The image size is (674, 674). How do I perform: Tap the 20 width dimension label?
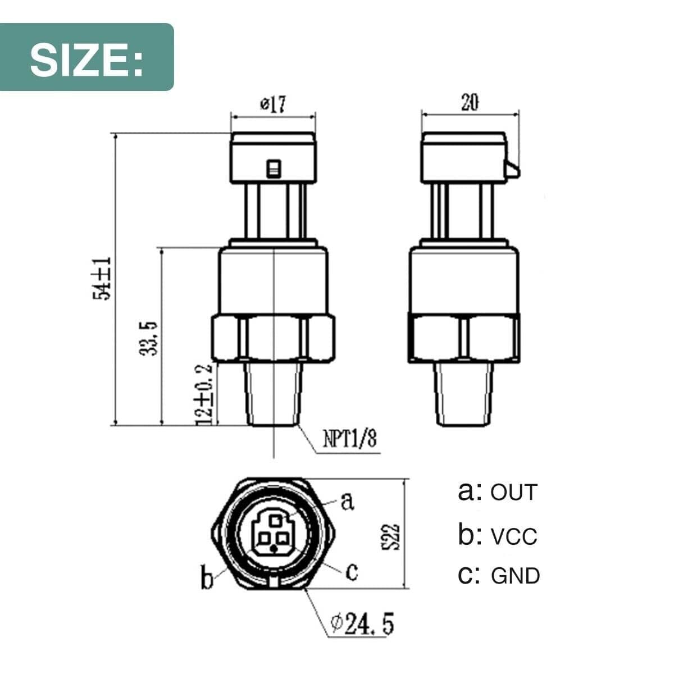[x=470, y=103]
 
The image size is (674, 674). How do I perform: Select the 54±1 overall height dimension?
[x=103, y=279]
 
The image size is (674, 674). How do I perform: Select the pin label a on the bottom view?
[x=348, y=500]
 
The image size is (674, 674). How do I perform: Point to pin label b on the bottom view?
[x=207, y=579]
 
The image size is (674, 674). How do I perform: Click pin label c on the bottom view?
[x=352, y=572]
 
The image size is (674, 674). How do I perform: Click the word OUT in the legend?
[x=514, y=493]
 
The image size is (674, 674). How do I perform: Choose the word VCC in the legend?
[x=514, y=536]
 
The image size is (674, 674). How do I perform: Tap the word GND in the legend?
[x=515, y=576]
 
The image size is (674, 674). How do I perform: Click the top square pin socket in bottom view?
[x=274, y=520]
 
